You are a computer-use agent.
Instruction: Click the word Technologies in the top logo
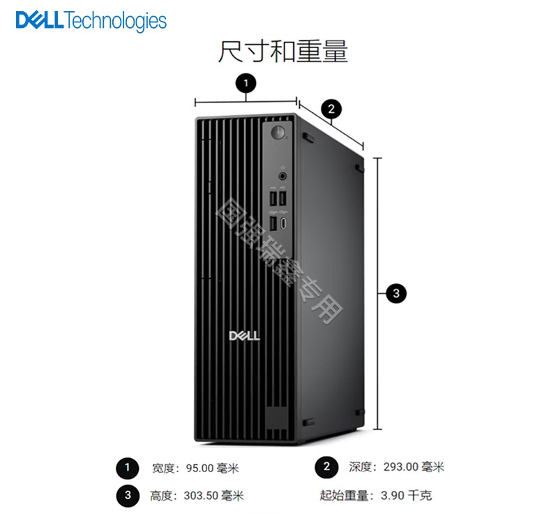(116, 21)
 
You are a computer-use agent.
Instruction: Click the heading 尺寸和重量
(282, 52)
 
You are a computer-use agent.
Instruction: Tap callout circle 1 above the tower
(246, 84)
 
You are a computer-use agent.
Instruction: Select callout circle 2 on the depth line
(331, 109)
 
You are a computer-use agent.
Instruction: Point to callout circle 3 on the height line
(396, 294)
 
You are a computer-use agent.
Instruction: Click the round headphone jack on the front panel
(282, 176)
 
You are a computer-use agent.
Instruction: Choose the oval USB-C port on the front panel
(284, 223)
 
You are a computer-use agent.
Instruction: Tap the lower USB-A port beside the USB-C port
(273, 223)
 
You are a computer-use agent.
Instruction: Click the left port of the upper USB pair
(273, 199)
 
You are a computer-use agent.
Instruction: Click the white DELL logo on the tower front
(245, 336)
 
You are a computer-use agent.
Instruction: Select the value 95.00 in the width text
(199, 468)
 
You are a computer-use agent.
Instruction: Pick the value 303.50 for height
(201, 495)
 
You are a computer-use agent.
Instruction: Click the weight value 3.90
(393, 495)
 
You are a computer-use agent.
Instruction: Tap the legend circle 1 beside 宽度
(128, 468)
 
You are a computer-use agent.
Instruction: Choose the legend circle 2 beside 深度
(326, 467)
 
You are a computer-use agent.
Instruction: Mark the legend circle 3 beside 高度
(128, 496)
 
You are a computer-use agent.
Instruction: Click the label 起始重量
(344, 495)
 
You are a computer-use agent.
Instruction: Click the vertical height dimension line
(378, 294)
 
